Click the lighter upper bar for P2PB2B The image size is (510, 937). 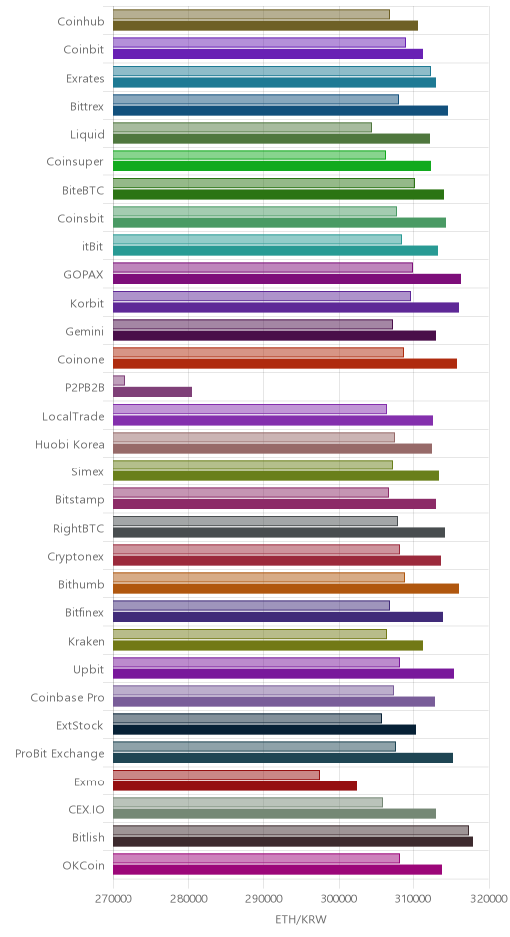tap(119, 380)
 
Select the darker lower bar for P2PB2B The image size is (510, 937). tap(152, 392)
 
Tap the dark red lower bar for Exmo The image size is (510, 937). tap(235, 785)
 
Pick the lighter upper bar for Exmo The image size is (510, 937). tap(216, 775)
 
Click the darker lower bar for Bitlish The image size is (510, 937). tap(293, 842)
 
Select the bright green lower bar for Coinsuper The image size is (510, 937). tap(272, 166)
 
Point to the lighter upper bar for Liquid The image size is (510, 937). tap(242, 127)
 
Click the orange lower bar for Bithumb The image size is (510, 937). tap(286, 588)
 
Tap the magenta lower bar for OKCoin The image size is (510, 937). tap(278, 870)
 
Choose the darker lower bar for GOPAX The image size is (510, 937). tap(287, 278)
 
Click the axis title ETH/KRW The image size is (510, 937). tap(301, 919)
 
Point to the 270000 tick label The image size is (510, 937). tap(113, 899)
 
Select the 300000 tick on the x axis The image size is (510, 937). tap(340, 899)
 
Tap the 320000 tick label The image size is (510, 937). tap(489, 899)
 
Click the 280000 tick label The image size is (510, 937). tap(188, 899)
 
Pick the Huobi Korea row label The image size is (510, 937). tap(70, 444)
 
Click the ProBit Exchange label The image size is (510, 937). tap(60, 753)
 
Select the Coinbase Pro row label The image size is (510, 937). tap(68, 698)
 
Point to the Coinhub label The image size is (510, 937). tap(81, 22)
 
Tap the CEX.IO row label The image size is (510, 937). tap(86, 809)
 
